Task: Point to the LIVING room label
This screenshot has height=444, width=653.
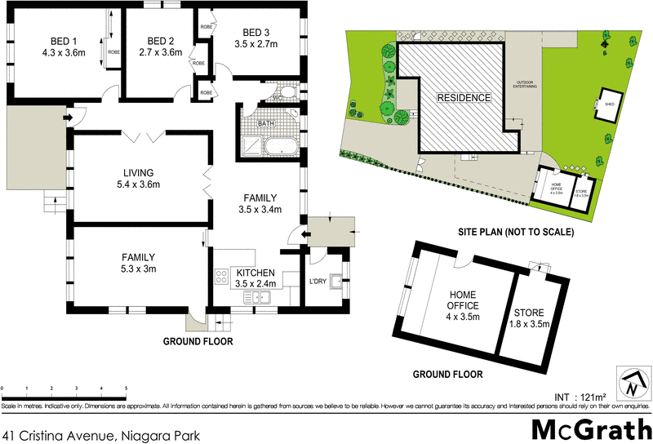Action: click(138, 172)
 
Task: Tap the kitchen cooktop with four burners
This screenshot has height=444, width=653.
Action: click(220, 277)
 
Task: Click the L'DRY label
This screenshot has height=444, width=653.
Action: click(318, 282)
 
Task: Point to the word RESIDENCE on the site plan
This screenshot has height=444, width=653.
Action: click(464, 98)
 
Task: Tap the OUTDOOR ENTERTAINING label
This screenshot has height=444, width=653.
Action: click(524, 85)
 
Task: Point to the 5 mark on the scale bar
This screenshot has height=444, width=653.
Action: click(126, 388)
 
